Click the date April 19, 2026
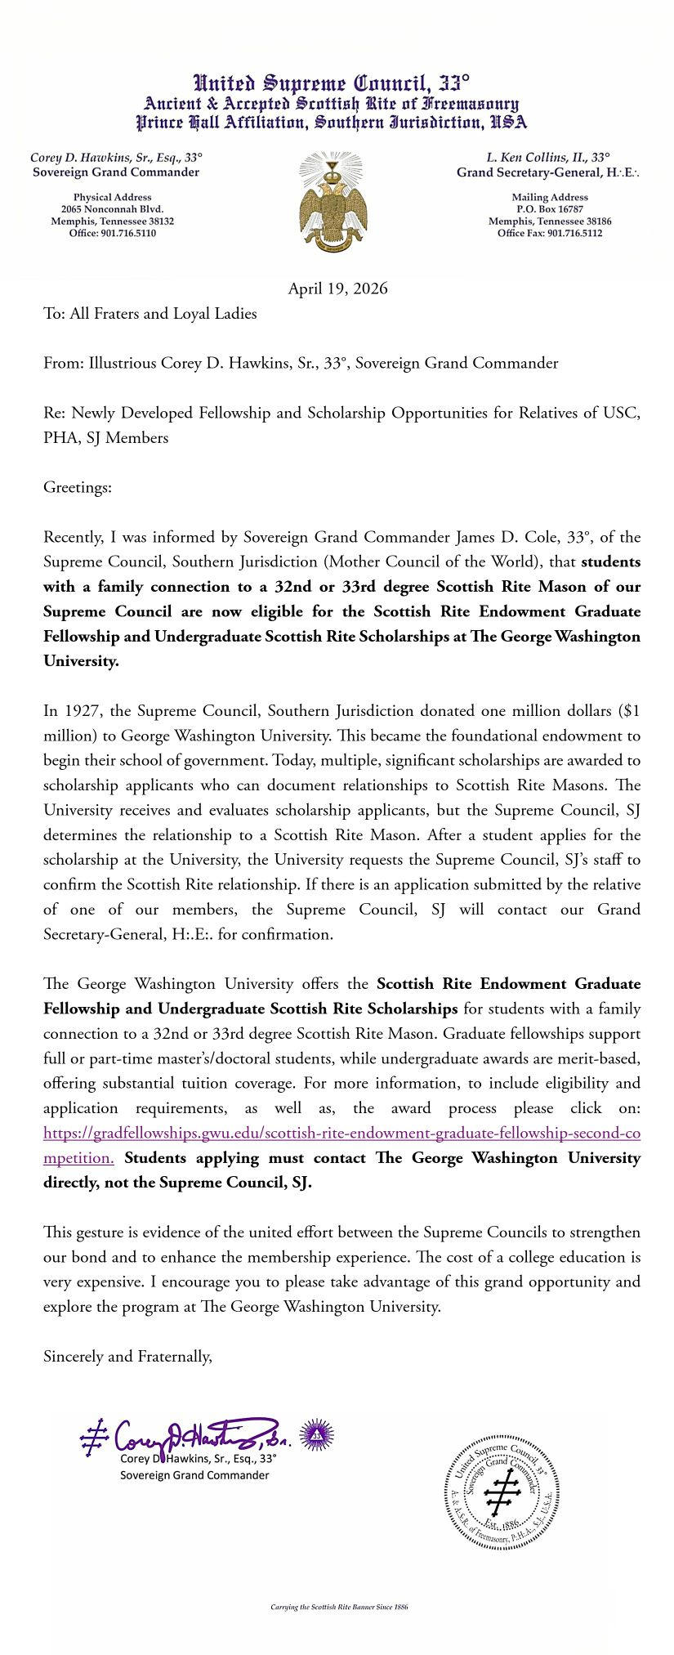click(337, 289)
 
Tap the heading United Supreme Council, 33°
click(331, 83)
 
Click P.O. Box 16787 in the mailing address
click(550, 209)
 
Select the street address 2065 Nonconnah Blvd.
click(112, 209)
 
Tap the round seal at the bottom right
click(502, 1492)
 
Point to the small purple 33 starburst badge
click(317, 1435)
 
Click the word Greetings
click(77, 488)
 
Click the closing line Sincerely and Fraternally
click(127, 1357)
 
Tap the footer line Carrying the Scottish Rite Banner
click(339, 1607)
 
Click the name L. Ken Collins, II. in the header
click(537, 158)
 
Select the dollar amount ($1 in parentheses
click(629, 711)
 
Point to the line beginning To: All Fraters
click(150, 314)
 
